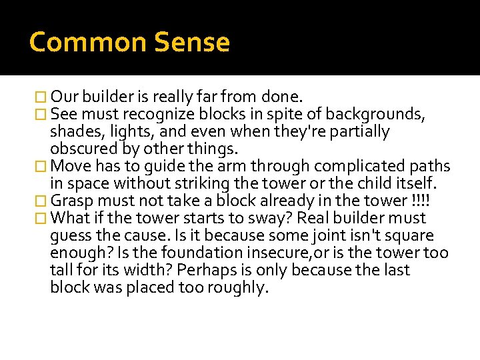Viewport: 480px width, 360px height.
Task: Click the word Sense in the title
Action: [x=192, y=43]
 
